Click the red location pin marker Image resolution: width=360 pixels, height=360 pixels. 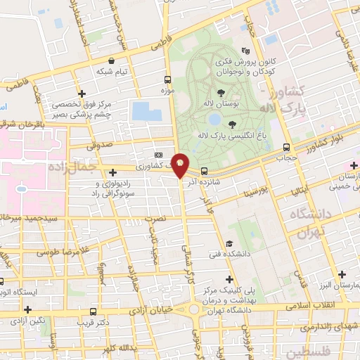click(180, 165)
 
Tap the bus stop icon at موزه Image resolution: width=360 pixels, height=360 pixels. click(167, 79)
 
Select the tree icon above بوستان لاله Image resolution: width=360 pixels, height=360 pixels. click(221, 92)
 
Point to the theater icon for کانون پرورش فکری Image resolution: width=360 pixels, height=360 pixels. click(245, 51)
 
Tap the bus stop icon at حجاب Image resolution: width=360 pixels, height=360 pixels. click(285, 147)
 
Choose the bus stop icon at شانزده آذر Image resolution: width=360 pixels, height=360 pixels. click(204, 170)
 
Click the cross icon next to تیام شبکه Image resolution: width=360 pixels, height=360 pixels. click(82, 93)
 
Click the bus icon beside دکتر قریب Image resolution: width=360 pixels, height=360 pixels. click(93, 311)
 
